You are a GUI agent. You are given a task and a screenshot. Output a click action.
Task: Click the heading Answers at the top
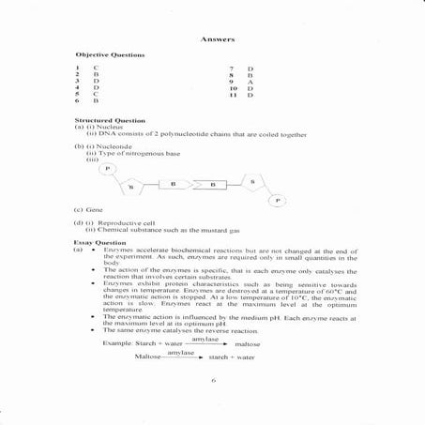click(x=217, y=39)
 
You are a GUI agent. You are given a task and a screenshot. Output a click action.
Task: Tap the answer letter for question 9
click(x=250, y=83)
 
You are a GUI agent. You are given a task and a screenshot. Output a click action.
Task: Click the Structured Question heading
click(x=109, y=121)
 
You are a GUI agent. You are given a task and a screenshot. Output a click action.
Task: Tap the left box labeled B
click(x=174, y=185)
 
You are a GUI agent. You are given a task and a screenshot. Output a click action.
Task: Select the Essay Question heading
click(x=99, y=242)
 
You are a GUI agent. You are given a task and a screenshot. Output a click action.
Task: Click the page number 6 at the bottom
click(x=214, y=380)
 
